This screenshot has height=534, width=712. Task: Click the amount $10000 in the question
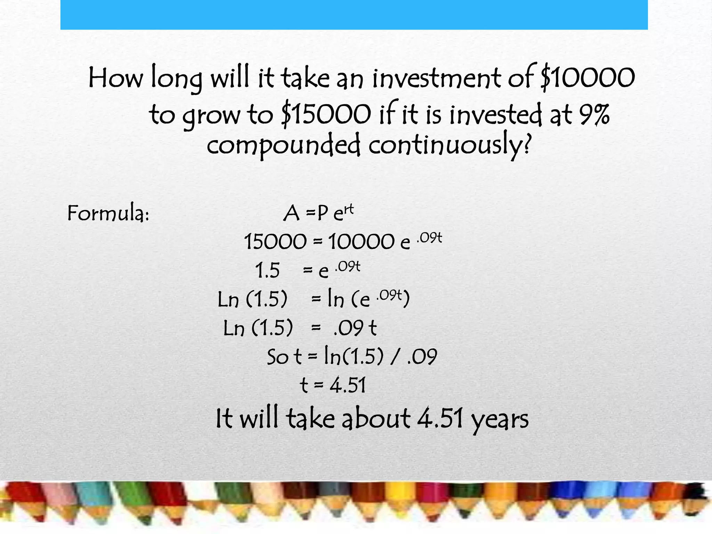click(x=588, y=78)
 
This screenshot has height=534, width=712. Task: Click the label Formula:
click(x=108, y=213)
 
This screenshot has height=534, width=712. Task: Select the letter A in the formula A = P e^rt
click(x=291, y=213)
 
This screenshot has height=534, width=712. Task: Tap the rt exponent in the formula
click(x=348, y=209)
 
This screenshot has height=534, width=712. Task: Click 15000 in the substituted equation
click(x=275, y=242)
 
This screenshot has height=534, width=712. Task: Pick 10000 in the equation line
click(x=362, y=242)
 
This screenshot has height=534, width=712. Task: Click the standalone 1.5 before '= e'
click(x=267, y=270)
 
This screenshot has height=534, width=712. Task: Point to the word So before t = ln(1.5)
click(x=277, y=357)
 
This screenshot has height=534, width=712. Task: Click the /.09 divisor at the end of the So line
click(x=414, y=357)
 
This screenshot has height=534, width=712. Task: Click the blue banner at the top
click(x=354, y=15)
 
